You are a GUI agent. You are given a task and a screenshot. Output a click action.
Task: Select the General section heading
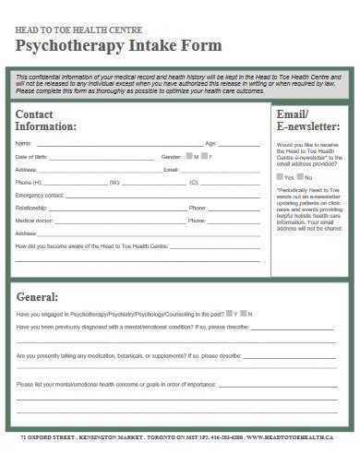38,297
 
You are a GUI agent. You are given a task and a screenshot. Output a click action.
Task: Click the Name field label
24,144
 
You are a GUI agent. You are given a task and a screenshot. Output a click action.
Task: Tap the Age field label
210,144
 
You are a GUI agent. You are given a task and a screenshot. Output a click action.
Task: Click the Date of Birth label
31,157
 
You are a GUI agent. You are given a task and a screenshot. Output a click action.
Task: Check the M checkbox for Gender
189,156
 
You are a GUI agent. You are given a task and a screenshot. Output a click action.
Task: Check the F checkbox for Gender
204,156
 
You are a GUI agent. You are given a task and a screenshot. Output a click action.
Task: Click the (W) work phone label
114,183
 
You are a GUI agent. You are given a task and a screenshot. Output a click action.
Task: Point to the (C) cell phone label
194,183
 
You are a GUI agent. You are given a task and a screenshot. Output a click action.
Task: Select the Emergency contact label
40,196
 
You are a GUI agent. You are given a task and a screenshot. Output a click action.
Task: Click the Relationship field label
31,209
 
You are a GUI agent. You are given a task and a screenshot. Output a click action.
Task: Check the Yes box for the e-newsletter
280,176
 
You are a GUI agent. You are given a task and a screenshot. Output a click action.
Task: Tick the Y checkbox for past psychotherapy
230,314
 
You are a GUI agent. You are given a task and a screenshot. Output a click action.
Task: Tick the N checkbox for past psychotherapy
243,314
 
